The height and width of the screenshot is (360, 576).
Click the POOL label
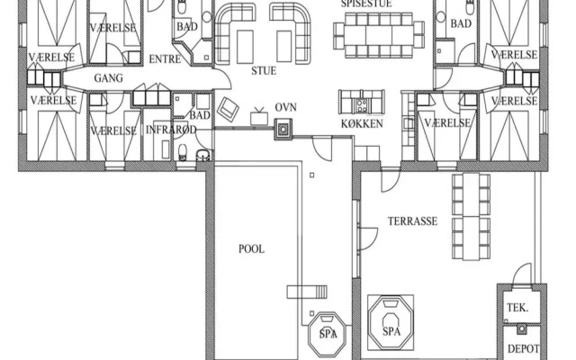252,249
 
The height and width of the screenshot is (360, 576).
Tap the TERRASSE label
412,221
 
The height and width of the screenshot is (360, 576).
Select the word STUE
264,70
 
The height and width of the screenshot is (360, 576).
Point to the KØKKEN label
362,123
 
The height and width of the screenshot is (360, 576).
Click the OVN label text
286,107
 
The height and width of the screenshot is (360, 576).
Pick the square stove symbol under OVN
283,130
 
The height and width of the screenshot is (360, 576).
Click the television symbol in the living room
259,117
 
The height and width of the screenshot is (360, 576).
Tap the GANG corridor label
108,78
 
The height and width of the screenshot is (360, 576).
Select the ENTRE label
165,59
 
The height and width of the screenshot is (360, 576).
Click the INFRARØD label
171,130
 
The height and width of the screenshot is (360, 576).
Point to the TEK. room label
517,308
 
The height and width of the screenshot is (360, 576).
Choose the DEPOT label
524,348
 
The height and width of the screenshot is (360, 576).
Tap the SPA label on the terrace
391,331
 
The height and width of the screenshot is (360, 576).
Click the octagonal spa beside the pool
327,333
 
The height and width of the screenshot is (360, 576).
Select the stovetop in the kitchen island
361,105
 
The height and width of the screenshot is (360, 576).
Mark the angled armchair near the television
228,109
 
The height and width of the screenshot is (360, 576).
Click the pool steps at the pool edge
307,292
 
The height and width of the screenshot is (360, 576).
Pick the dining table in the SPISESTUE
379,35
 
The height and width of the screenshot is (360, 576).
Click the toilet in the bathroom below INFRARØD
183,152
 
